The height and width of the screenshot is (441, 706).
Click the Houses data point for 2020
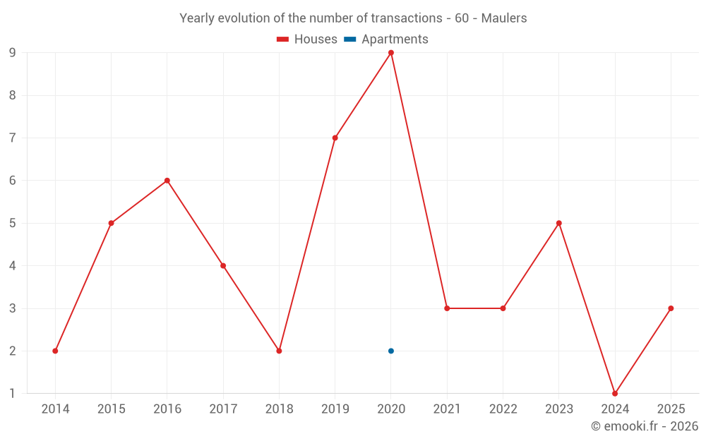tap(391, 53)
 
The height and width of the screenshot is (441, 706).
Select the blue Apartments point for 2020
tap(391, 351)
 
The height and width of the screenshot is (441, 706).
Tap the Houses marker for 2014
tap(55, 351)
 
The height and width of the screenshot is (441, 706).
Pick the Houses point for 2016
tap(167, 181)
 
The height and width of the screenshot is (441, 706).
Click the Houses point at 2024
tap(615, 394)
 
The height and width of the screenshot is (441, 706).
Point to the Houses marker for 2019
tap(335, 138)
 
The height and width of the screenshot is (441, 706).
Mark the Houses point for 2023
tap(559, 223)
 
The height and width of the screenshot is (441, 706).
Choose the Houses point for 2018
tap(279, 351)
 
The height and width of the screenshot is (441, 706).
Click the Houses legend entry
tap(307, 40)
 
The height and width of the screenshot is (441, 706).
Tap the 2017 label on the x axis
tap(223, 409)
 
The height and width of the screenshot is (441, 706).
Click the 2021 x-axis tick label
tap(447, 409)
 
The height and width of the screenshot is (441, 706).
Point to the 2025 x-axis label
tap(671, 409)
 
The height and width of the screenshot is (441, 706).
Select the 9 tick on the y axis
tap(13, 53)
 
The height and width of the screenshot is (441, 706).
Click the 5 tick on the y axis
tap(13, 223)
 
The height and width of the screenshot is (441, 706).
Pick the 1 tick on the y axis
tap(13, 394)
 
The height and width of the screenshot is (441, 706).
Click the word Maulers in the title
tap(504, 18)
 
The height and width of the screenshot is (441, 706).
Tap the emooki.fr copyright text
tap(645, 426)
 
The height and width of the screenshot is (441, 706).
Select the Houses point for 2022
tap(503, 308)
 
